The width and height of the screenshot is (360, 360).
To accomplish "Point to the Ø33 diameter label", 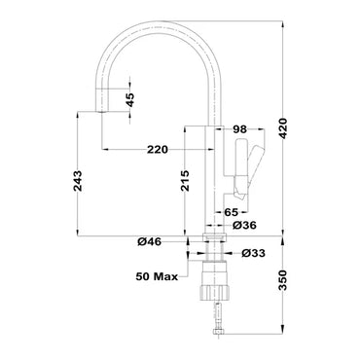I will [x=252, y=253].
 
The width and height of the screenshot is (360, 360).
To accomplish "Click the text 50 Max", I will [x=157, y=277].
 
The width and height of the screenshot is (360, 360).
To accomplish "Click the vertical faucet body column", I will [x=217, y=175].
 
